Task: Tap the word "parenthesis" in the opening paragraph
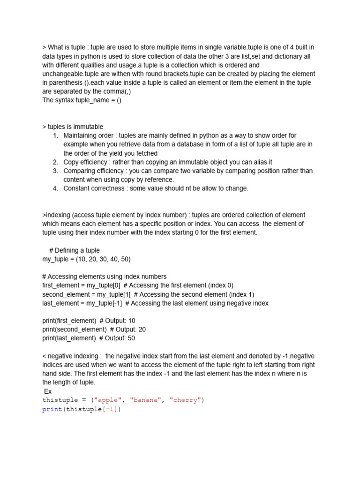coord(55,83)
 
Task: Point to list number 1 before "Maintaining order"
coord(55,136)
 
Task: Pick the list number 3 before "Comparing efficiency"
coord(55,171)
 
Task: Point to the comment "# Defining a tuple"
coord(74,250)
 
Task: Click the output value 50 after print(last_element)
coord(131,338)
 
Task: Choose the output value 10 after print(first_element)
coord(132,321)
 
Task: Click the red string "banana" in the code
coord(145,400)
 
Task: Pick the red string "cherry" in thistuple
coord(185,400)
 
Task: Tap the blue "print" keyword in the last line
coord(52,409)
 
